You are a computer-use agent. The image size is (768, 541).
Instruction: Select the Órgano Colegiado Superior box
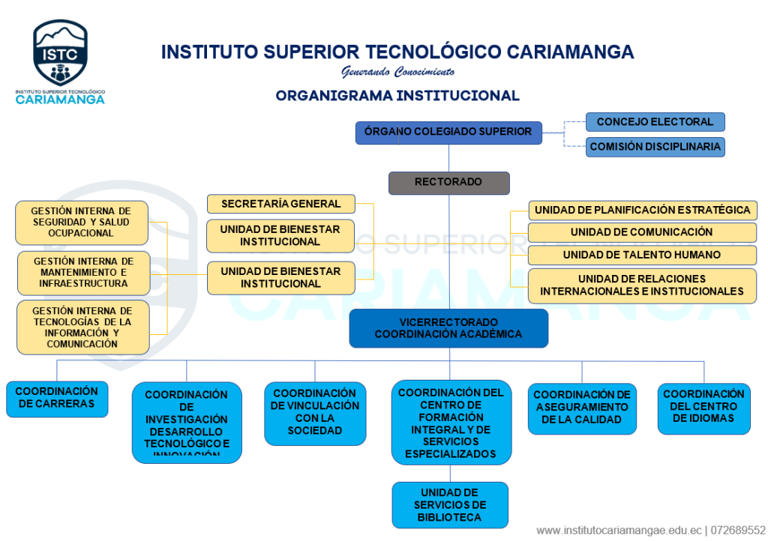click(448, 133)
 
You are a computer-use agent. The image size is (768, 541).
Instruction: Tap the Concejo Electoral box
click(655, 122)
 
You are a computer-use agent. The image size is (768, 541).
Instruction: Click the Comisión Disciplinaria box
click(655, 147)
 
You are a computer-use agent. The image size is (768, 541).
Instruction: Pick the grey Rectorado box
click(448, 183)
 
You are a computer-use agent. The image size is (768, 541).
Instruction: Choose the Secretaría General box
click(280, 204)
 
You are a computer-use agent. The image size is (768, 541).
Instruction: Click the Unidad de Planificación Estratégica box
click(642, 211)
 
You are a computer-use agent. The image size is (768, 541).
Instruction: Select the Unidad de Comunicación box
click(642, 233)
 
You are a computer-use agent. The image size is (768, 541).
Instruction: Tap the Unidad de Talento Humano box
click(642, 256)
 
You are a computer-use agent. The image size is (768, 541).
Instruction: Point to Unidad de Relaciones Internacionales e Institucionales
click(642, 285)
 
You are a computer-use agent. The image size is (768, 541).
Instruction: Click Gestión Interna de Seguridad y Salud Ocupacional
click(82, 223)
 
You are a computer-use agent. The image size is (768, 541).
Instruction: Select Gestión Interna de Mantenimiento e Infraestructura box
click(83, 273)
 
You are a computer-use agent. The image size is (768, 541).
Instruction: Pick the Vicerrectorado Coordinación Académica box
click(448, 328)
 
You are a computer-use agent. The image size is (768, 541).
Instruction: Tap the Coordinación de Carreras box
click(57, 398)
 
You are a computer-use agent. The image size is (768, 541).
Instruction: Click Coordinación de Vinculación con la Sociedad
click(315, 413)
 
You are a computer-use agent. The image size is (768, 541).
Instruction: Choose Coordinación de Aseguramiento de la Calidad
click(582, 408)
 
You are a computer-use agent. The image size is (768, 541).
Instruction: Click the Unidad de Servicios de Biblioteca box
click(450, 505)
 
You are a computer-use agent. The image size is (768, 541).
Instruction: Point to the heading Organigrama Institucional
click(397, 96)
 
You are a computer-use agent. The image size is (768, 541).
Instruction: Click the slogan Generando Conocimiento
click(397, 73)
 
